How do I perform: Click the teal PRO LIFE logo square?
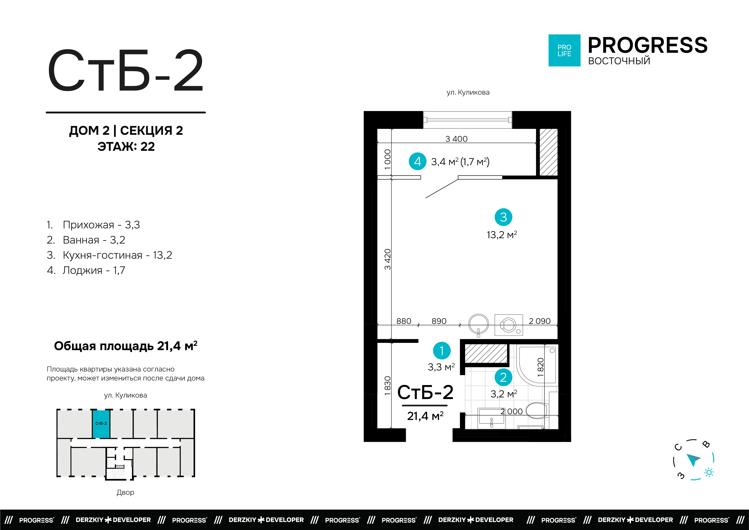click(564, 50)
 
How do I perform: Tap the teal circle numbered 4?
click(417, 161)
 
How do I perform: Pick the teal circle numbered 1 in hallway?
click(441, 351)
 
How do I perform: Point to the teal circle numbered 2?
click(503, 377)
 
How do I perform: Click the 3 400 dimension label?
click(456, 139)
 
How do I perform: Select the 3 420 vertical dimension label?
click(387, 259)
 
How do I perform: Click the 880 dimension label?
click(404, 321)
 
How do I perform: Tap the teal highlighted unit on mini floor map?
click(101, 424)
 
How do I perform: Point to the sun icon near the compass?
click(709, 473)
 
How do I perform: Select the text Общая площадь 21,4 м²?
click(126, 346)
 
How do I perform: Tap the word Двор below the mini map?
click(125, 492)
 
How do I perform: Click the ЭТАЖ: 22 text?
click(126, 147)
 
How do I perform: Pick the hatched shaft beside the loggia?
click(548, 152)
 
